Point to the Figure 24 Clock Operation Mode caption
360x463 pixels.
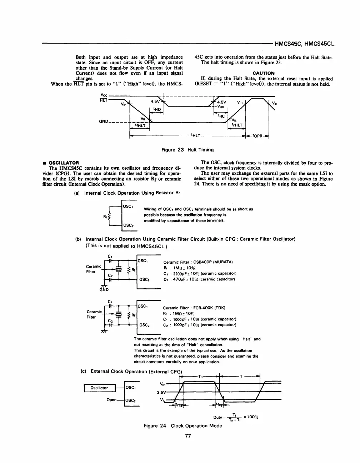pyautogui.click(x=183, y=425)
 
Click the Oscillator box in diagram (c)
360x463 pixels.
pyautogui.click(x=99, y=388)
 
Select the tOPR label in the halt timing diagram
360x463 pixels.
pyautogui.click(x=257, y=136)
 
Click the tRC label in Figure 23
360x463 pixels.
pyautogui.click(x=221, y=116)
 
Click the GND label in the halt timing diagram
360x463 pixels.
pyautogui.click(x=104, y=121)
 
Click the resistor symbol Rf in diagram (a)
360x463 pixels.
pyautogui.click(x=110, y=216)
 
